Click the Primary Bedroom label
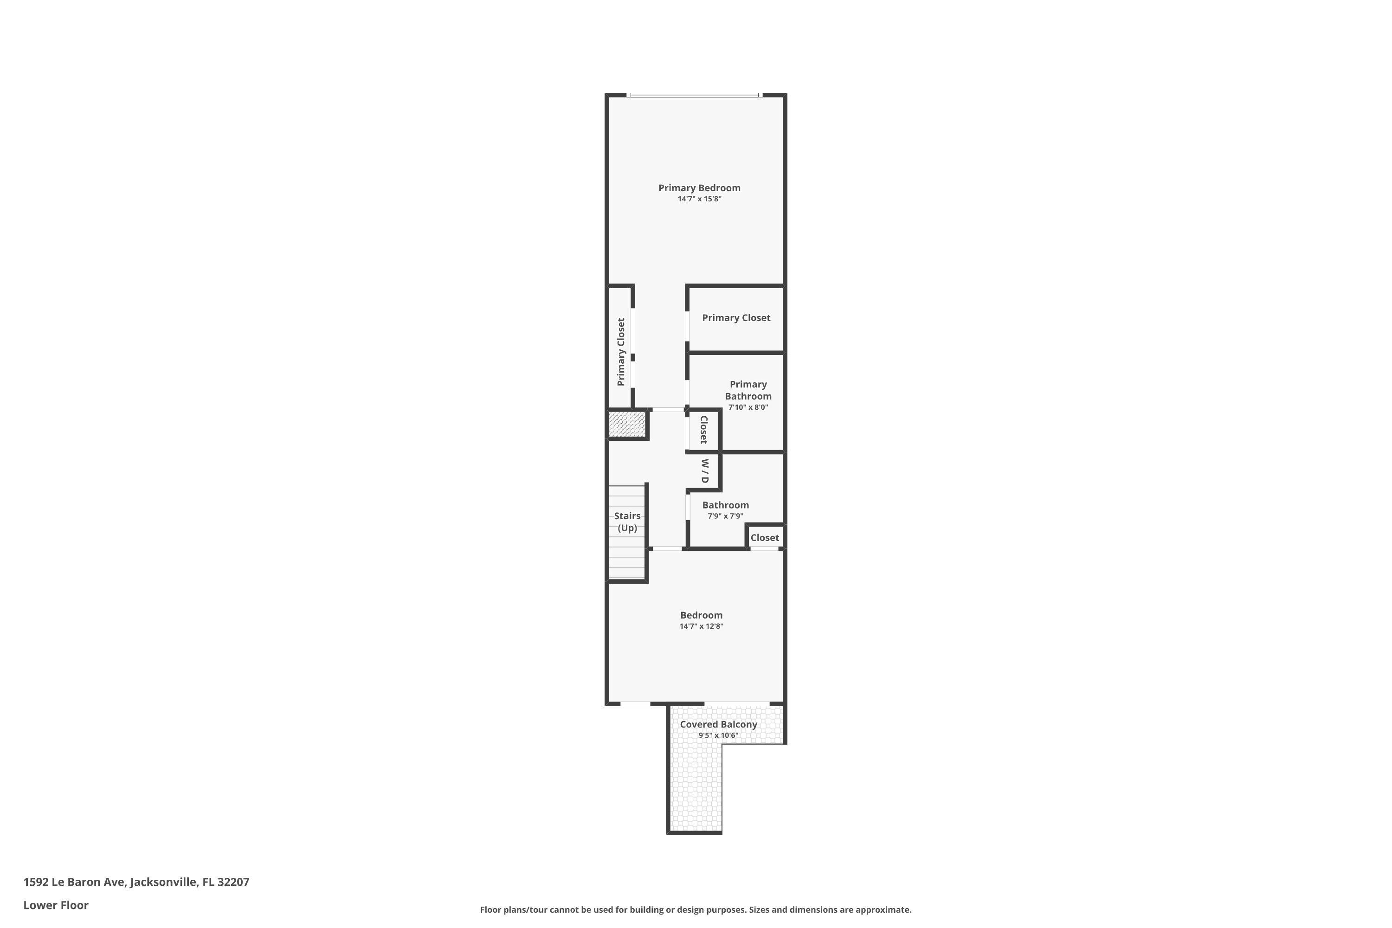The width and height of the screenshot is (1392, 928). pyautogui.click(x=700, y=188)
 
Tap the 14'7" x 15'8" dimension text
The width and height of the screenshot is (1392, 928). pyautogui.click(x=700, y=199)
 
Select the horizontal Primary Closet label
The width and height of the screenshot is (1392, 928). pyautogui.click(x=736, y=318)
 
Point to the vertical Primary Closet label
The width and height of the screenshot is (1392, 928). pyautogui.click(x=621, y=352)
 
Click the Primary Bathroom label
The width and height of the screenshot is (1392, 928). pyautogui.click(x=748, y=391)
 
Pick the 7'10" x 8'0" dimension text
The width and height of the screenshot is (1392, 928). pyautogui.click(x=748, y=407)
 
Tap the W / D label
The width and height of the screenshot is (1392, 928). pyautogui.click(x=704, y=471)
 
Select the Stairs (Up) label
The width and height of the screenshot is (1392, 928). pyautogui.click(x=627, y=522)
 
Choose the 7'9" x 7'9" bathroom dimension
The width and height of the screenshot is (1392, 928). pyautogui.click(x=726, y=516)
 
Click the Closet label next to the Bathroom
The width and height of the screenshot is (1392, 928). pyautogui.click(x=765, y=537)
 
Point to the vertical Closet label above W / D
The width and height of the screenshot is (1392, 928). pyautogui.click(x=704, y=430)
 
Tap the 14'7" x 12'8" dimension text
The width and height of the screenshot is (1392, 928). pyautogui.click(x=701, y=626)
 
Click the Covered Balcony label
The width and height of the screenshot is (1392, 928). pyautogui.click(x=718, y=724)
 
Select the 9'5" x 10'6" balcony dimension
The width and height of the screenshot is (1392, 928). pyautogui.click(x=718, y=735)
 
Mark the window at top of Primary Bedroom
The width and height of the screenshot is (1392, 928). pyautogui.click(x=695, y=95)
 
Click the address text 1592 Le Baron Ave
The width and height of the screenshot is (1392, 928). pyautogui.click(x=75, y=882)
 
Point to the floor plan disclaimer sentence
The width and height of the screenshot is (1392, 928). pyautogui.click(x=696, y=909)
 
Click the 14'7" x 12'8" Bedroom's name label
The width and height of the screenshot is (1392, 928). pyautogui.click(x=701, y=616)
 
